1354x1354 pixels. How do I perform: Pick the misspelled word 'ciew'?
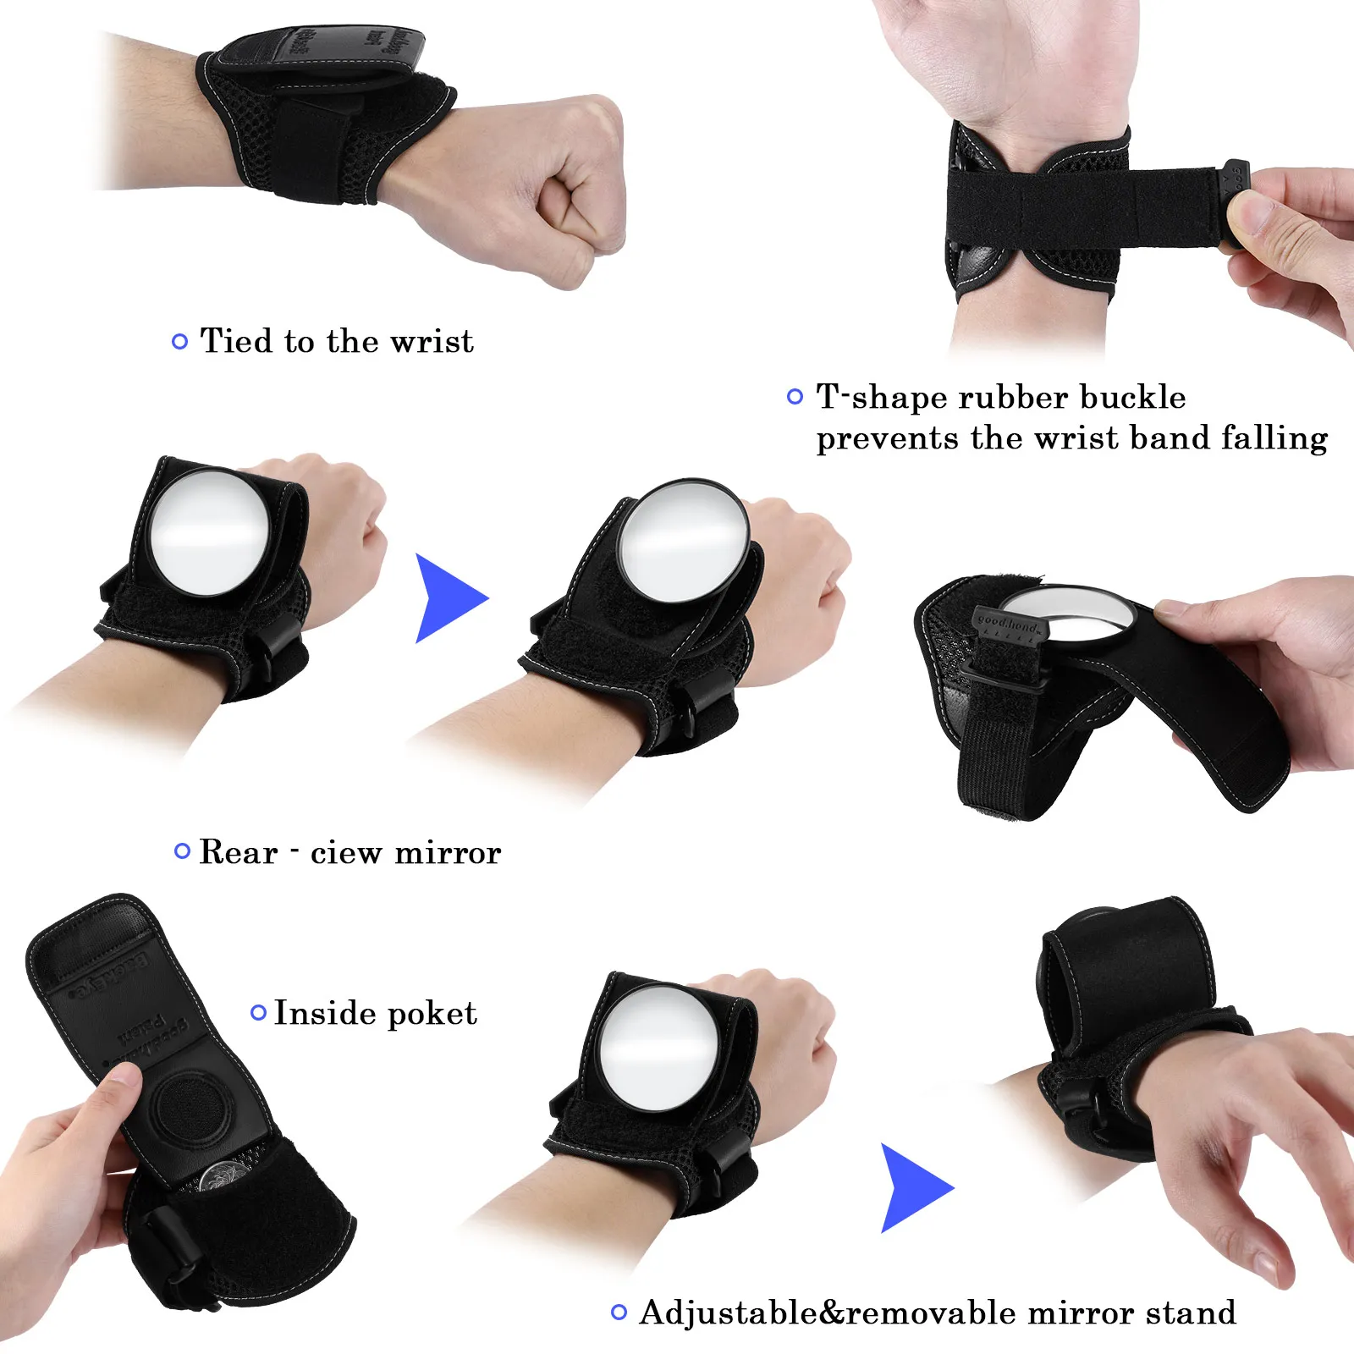click(x=346, y=853)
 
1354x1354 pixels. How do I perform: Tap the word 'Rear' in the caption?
click(x=238, y=852)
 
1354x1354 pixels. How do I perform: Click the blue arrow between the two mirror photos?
click(x=449, y=597)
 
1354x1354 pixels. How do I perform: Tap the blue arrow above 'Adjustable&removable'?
click(x=914, y=1187)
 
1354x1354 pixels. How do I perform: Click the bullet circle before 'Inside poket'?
click(x=259, y=1012)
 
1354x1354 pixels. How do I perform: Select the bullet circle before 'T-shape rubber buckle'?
click(x=795, y=396)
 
